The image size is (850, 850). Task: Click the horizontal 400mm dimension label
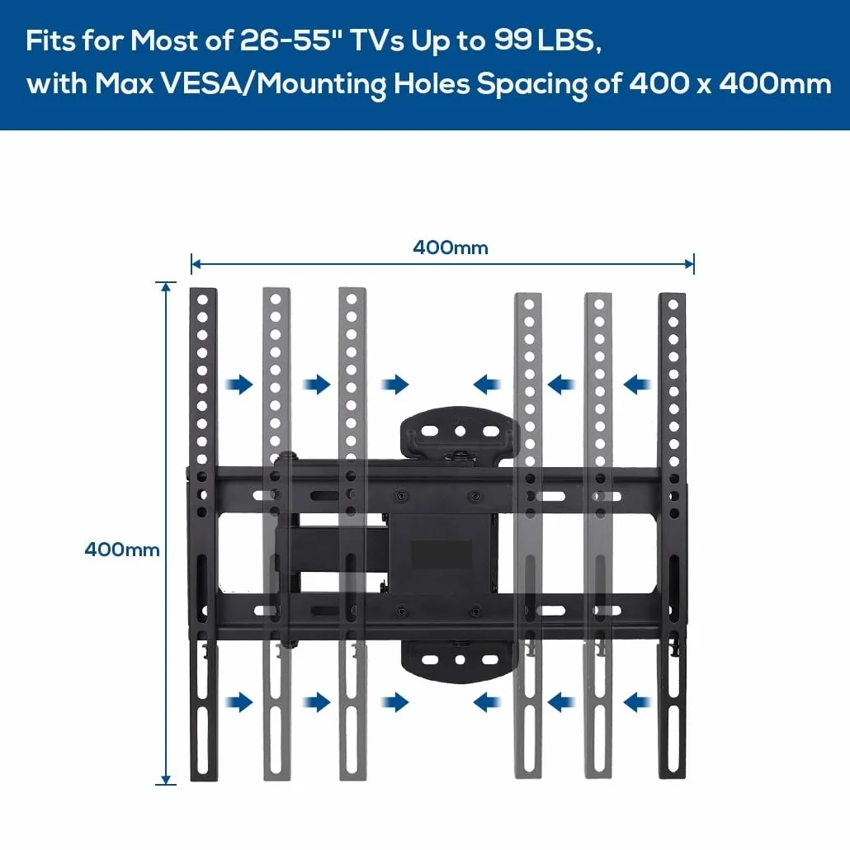[451, 248]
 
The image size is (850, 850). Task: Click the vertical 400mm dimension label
[122, 550]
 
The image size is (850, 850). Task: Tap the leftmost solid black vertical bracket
[203, 534]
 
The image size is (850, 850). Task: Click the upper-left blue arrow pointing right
[239, 385]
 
